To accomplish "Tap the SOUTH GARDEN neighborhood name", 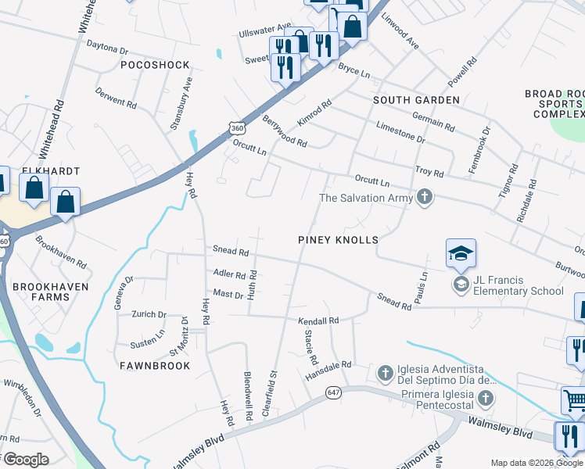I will point(416,100).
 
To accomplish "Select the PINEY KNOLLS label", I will point(338,240).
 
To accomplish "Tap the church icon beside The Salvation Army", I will point(425,198).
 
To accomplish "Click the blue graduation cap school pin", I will point(461,253).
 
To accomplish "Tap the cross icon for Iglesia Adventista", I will point(385,374).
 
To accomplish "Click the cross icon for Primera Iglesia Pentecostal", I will point(485,399).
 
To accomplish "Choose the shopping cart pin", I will point(575,402).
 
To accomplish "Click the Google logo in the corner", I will point(25,459).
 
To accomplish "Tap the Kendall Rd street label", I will point(318,320).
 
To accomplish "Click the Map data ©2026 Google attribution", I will point(537,463).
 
